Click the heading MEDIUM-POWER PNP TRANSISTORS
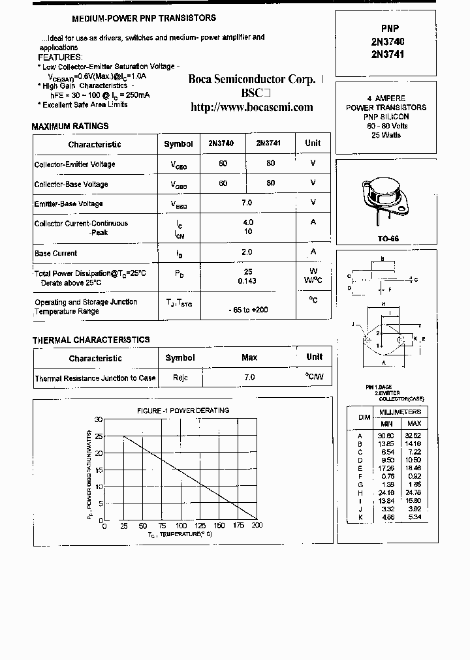click(143, 18)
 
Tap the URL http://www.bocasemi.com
click(251, 107)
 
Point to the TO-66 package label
click(387, 239)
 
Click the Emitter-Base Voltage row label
click(69, 204)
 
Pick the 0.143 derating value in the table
click(247, 281)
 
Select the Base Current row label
click(55, 253)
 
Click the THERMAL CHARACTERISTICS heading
click(91, 340)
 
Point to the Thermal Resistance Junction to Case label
click(95, 378)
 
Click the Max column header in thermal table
click(249, 357)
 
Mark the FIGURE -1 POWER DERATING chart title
click(183, 410)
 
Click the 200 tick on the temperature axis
click(257, 526)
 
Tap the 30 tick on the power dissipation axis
click(99, 419)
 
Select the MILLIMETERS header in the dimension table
click(400, 412)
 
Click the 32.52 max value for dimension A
click(413, 435)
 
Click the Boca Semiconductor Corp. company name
click(251, 79)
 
